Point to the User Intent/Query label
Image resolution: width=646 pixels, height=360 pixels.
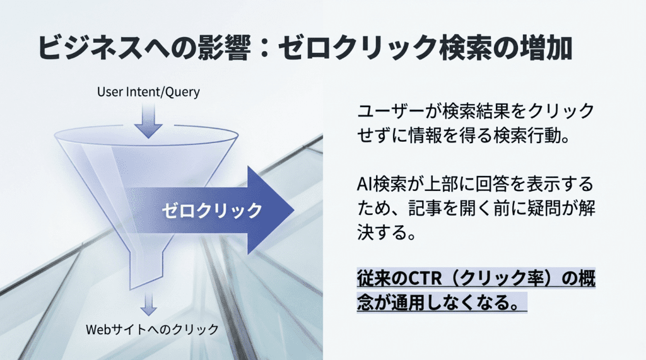coord(148,92)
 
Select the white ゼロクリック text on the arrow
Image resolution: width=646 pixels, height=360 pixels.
coord(211,210)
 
